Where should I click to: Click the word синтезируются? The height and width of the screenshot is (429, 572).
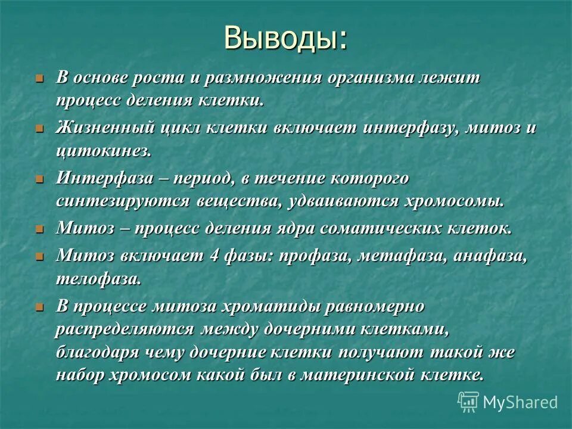123,200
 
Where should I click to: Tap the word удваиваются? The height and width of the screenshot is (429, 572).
345,200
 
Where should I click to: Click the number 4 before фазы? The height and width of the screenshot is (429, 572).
214,256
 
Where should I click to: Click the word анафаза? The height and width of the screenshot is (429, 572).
490,256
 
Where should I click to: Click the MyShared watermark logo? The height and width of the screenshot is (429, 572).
508,402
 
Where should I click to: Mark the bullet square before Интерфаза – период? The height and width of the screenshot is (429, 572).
40,179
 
